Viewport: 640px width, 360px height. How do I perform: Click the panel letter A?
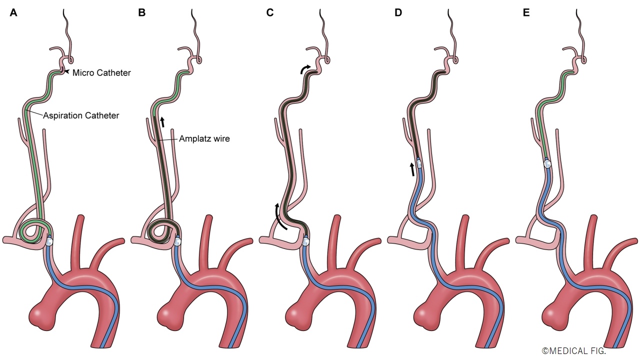(x=13, y=13)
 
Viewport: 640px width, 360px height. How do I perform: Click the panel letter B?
(x=141, y=13)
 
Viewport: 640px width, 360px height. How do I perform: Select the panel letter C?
(x=269, y=13)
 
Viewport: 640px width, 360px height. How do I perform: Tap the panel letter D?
(x=398, y=13)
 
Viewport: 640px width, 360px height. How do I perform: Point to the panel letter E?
(x=526, y=13)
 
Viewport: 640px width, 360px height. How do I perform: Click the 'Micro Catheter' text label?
(x=101, y=73)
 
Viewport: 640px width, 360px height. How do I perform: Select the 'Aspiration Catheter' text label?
(x=81, y=115)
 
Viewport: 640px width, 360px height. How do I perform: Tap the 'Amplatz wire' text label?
(x=204, y=139)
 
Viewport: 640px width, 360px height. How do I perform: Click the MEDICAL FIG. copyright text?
(x=573, y=351)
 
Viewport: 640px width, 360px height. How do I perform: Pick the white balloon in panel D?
(x=419, y=164)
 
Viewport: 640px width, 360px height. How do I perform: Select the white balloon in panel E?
(x=547, y=164)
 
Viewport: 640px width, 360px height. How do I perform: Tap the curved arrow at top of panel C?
(x=305, y=68)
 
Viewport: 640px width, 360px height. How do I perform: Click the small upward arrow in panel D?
(x=412, y=169)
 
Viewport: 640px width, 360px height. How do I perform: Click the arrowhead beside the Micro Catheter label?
(x=66, y=72)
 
